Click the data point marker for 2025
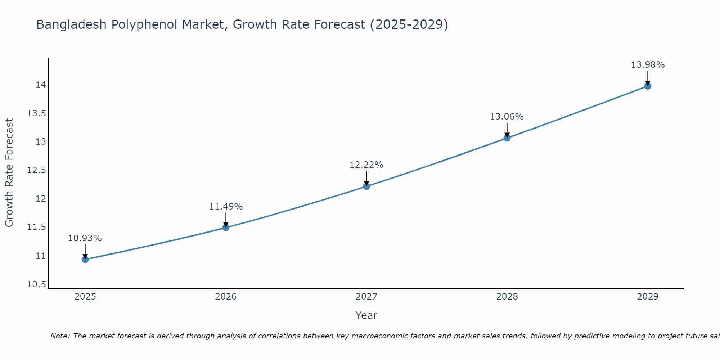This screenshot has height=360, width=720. pos(85,259)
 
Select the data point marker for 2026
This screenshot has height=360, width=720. pos(226,227)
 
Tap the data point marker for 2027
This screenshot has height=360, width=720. pos(366,186)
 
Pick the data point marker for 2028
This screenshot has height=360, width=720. pos(507,138)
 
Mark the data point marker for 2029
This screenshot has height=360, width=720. pos(648,86)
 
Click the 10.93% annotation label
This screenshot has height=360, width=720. pos(85,238)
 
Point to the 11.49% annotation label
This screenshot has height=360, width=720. pos(226,207)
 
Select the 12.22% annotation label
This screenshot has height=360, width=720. pos(366,165)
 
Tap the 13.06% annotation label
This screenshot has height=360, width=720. pos(507,117)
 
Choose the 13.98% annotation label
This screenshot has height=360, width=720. pos(648,65)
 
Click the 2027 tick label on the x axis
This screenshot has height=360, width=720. pos(366,297)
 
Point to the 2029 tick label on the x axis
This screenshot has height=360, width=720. pos(648,297)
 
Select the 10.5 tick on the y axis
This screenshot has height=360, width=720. pos(36,285)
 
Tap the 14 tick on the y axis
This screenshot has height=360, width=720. pos(41,85)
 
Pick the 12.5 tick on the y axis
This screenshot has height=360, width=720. pos(36,170)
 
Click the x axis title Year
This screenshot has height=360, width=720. pos(366,315)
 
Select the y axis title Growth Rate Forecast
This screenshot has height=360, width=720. pos(9,173)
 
